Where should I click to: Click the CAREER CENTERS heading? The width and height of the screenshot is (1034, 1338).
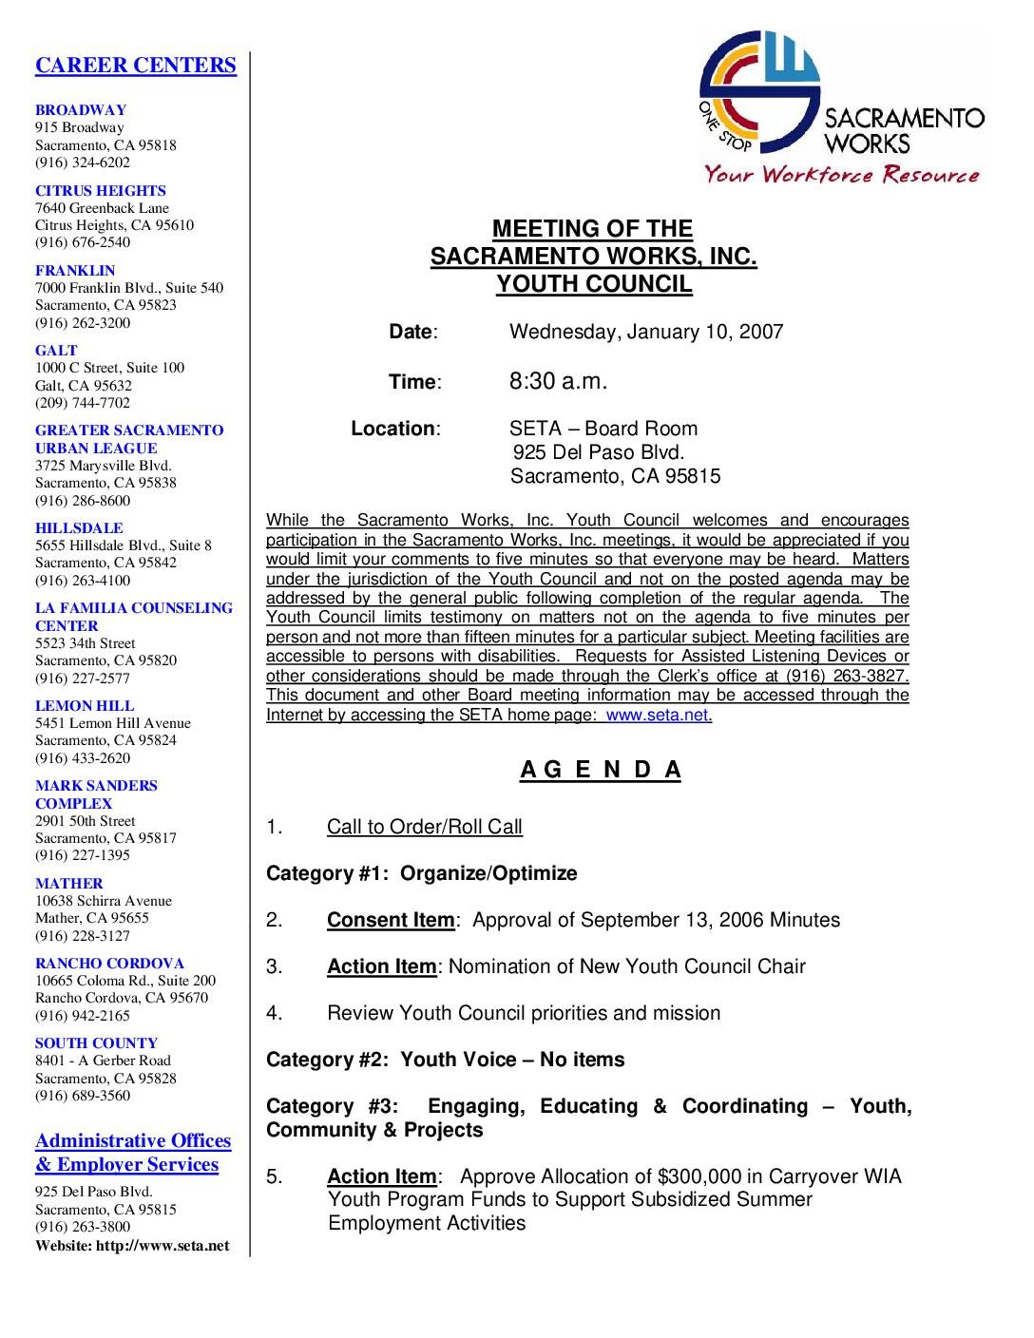point(135,65)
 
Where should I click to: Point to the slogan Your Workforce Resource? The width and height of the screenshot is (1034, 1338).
point(841,174)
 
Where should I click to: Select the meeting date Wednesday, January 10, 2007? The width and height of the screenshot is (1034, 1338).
point(646,332)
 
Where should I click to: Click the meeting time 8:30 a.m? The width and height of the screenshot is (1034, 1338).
point(558,381)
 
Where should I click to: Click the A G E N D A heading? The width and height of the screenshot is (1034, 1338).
point(601,770)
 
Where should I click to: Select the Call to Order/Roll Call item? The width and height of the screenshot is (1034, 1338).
point(424,827)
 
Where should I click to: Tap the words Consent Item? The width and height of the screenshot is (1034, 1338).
point(391,920)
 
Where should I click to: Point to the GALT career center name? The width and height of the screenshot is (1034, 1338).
point(56,350)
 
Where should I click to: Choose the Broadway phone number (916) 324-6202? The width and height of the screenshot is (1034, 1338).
point(83,162)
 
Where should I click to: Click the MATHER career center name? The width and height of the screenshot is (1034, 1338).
point(69,883)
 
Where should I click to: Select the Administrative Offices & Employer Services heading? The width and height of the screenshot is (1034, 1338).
point(133,1153)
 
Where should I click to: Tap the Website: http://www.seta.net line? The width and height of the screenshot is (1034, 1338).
point(132,1245)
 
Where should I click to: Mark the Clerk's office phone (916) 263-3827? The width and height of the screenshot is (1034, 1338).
point(847,676)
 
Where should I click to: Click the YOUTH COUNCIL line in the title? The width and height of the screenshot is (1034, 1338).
point(594,284)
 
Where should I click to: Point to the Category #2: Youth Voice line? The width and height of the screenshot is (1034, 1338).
point(445,1059)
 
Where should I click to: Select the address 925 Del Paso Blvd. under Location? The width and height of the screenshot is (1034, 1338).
point(599,452)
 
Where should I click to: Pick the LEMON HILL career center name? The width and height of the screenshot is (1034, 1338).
point(85,705)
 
